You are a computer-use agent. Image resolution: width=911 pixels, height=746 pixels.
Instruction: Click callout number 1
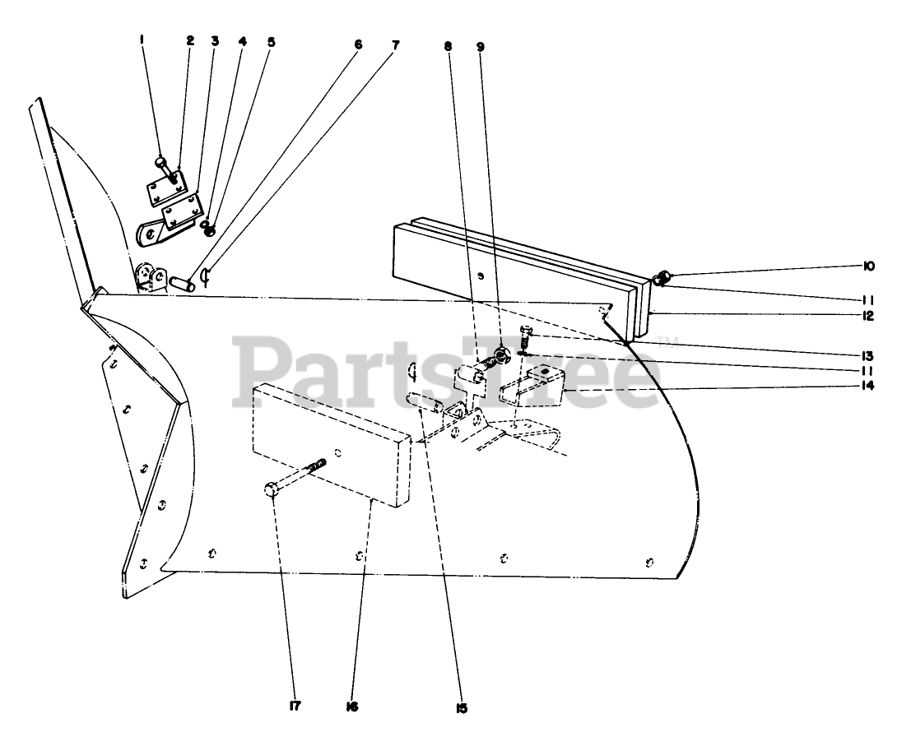pyautogui.click(x=142, y=39)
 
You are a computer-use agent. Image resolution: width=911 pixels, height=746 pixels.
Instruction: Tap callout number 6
pyautogui.click(x=358, y=45)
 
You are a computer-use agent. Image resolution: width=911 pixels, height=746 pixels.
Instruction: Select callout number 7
pyautogui.click(x=396, y=45)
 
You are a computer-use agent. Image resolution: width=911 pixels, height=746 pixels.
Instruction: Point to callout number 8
pyautogui.click(x=448, y=47)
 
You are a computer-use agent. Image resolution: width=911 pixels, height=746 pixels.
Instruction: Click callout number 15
pyautogui.click(x=461, y=708)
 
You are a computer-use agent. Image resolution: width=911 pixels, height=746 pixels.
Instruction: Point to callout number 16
pyautogui.click(x=352, y=707)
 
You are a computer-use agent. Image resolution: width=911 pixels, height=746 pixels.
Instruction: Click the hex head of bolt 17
pyautogui.click(x=271, y=490)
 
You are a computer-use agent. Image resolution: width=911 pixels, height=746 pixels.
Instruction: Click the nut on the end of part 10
pyautogui.click(x=662, y=280)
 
